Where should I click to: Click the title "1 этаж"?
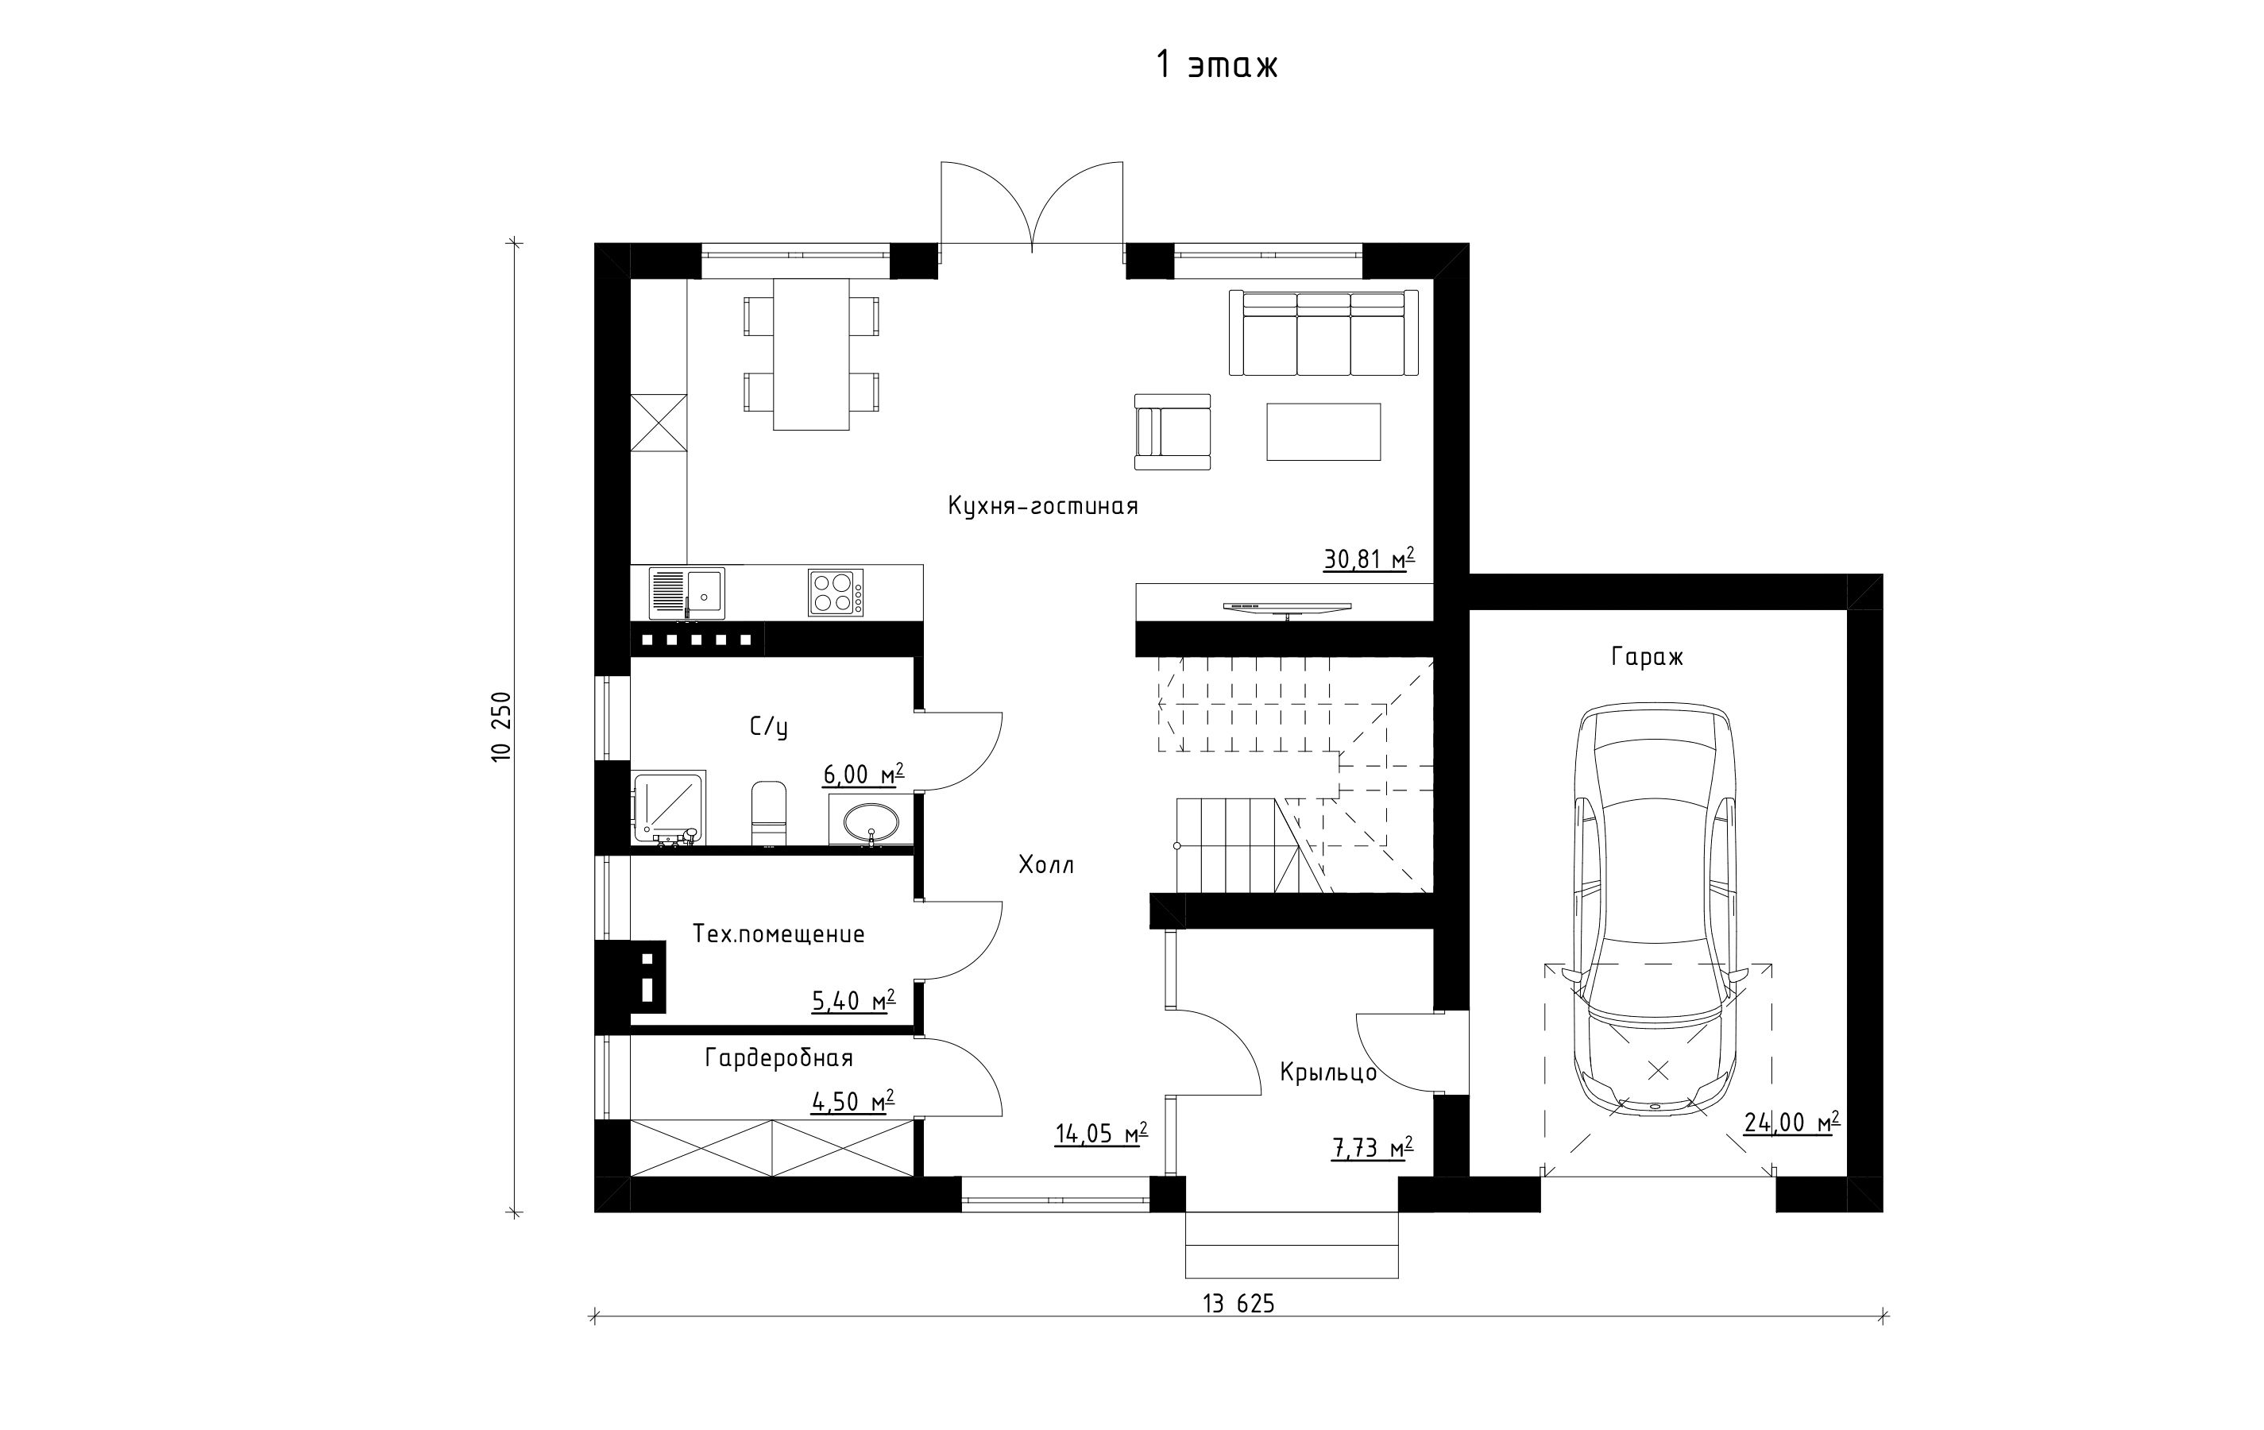point(1217,66)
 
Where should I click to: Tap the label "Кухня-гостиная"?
point(1043,507)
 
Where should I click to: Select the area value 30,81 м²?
point(1369,559)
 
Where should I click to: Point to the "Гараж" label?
point(1648,656)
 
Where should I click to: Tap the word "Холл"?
point(1045,865)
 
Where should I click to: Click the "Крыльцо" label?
point(1328,1072)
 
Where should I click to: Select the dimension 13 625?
point(1238,1303)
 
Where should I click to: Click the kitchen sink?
point(687,593)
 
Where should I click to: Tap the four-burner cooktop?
point(836,593)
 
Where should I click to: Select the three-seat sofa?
point(1323,333)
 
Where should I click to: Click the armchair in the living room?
point(1173,431)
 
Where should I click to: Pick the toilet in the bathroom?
point(768,812)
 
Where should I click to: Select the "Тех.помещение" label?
point(778,934)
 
